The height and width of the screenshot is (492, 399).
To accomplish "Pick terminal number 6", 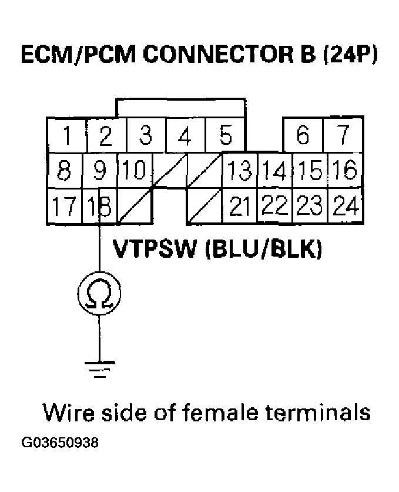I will (303, 135).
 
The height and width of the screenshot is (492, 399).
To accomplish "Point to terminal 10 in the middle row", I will (136, 171).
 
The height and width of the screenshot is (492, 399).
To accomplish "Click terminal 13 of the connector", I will (239, 171).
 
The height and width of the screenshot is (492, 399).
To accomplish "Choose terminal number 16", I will (343, 171).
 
